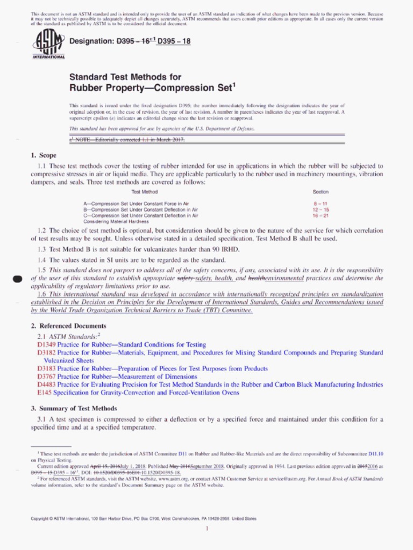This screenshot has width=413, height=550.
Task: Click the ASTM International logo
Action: pos(48,44)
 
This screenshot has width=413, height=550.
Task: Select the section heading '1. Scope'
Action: pos(44,156)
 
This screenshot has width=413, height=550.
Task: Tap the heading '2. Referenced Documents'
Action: pos(68,326)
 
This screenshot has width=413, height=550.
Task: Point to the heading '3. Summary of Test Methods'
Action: pos(74,408)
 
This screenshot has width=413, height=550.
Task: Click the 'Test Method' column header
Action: pos(145,192)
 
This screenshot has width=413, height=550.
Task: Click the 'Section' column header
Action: pos(321,192)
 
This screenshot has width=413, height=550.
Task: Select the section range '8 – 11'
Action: pos(321,204)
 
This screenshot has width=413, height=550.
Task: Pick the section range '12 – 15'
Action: pos(321,209)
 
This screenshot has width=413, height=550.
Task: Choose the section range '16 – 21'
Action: pos(321,215)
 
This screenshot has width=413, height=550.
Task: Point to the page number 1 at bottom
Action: pos(206,529)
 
